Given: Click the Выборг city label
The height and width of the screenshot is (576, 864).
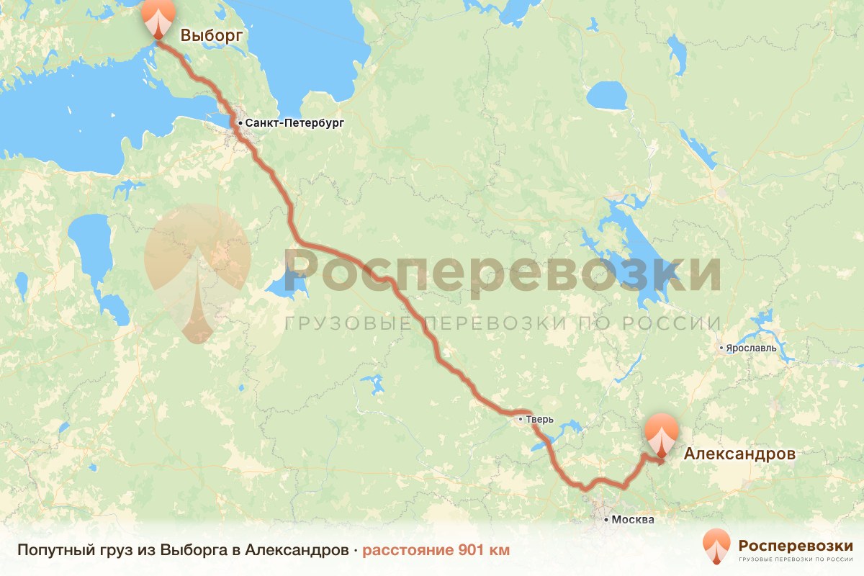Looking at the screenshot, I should [x=211, y=35].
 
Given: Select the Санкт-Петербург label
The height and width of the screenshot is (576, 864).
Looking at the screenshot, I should [x=294, y=123].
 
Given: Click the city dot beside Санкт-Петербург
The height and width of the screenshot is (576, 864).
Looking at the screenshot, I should [x=240, y=123].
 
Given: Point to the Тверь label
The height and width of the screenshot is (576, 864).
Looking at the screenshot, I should [x=541, y=418].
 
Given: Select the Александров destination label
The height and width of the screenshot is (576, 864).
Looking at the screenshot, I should [x=739, y=454].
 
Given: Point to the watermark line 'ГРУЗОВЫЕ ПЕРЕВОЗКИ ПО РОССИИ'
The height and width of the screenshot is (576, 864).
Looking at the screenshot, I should [x=503, y=323].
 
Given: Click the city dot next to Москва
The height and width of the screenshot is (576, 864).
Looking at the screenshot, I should [x=607, y=519].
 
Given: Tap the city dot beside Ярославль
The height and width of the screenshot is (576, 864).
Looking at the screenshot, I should [x=721, y=348].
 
